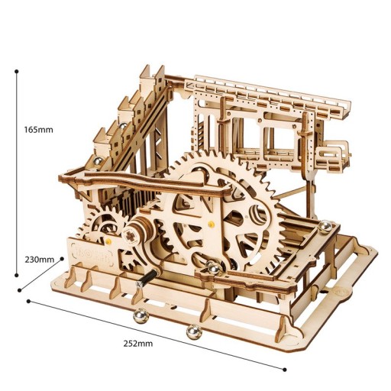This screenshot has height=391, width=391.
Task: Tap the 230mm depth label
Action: coord(38,259)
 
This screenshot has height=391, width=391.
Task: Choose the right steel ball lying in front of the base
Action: coord(191,331)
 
